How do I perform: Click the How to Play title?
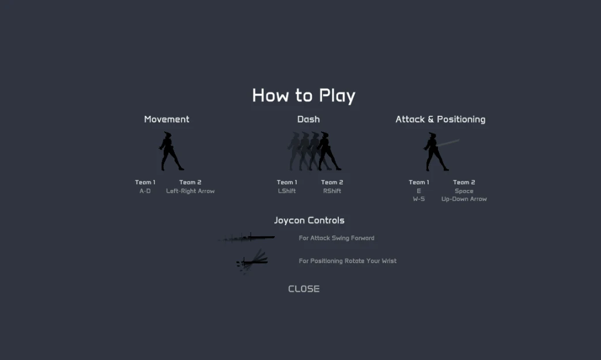click(x=304, y=96)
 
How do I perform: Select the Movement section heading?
click(x=167, y=119)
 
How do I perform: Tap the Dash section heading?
click(x=308, y=119)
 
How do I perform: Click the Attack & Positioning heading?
click(x=440, y=119)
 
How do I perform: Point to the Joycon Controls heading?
click(x=309, y=220)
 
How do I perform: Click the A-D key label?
click(x=145, y=191)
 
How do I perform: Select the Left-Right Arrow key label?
click(x=190, y=191)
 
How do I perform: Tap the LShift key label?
click(x=287, y=191)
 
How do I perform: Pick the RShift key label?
click(x=332, y=191)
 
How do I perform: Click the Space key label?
click(x=464, y=191)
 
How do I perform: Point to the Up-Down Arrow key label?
click(x=464, y=199)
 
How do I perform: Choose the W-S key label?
click(x=418, y=199)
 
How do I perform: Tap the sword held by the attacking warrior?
click(x=448, y=143)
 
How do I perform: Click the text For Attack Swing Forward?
click(x=337, y=238)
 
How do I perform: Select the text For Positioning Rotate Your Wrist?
click(x=347, y=261)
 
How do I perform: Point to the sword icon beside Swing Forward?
click(x=247, y=238)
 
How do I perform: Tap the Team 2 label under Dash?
click(x=332, y=182)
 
